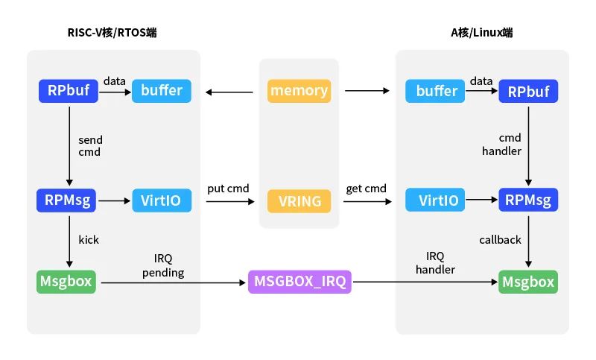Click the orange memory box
(x=299, y=91)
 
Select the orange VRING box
(x=299, y=201)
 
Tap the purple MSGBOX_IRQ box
(x=299, y=282)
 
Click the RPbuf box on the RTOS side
(x=69, y=91)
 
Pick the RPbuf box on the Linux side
(x=528, y=91)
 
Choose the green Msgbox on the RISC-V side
(x=66, y=282)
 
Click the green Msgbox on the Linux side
(x=528, y=282)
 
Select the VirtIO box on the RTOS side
(x=162, y=200)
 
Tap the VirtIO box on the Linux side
(x=435, y=200)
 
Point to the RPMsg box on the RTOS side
(x=66, y=200)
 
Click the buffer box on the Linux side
(x=435, y=91)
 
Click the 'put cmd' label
(x=228, y=189)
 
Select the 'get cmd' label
(x=366, y=189)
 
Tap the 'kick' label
(x=89, y=240)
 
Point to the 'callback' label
(x=500, y=240)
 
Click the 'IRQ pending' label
(x=163, y=266)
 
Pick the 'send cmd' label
(x=90, y=146)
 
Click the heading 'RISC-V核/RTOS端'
(x=112, y=33)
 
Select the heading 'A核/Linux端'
(x=481, y=33)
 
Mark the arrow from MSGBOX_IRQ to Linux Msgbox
(x=425, y=282)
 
